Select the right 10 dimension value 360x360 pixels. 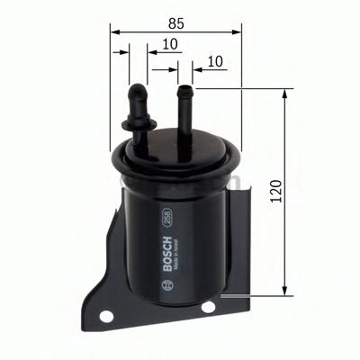coord(214,61)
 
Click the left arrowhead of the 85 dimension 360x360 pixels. coord(114,31)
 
